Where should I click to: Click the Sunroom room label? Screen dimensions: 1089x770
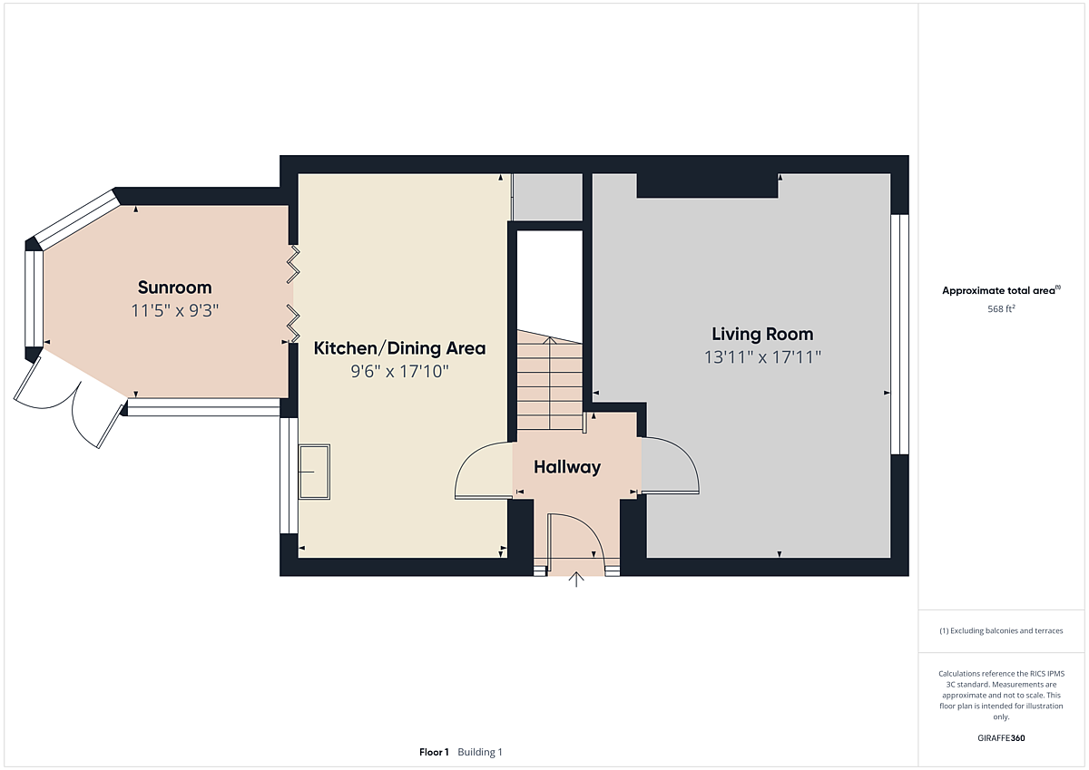tap(174, 288)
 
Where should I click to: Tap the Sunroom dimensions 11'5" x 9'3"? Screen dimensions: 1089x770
tap(175, 310)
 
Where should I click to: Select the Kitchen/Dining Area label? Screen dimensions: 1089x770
tap(399, 348)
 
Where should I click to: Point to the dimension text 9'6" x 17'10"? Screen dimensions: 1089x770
tap(399, 372)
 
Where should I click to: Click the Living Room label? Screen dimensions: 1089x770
tap(762, 335)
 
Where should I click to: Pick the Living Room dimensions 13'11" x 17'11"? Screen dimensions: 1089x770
tap(762, 357)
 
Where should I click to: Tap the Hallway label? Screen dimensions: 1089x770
tap(567, 467)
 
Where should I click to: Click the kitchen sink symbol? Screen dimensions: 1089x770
tap(314, 472)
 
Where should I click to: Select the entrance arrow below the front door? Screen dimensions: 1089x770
tap(576, 579)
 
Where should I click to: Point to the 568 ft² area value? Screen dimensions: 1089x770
tap(1001, 309)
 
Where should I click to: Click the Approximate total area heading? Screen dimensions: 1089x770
tap(1001, 290)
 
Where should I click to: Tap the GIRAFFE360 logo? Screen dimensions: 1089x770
tap(1001, 738)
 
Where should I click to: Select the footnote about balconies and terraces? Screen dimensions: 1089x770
tap(1001, 630)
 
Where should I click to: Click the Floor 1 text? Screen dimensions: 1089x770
tap(434, 752)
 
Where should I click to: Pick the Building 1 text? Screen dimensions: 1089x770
tap(480, 752)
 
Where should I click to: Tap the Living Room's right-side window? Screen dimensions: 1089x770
tap(899, 335)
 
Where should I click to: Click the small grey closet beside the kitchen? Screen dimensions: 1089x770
tap(547, 197)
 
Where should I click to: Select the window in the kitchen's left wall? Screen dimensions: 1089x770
tap(289, 475)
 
